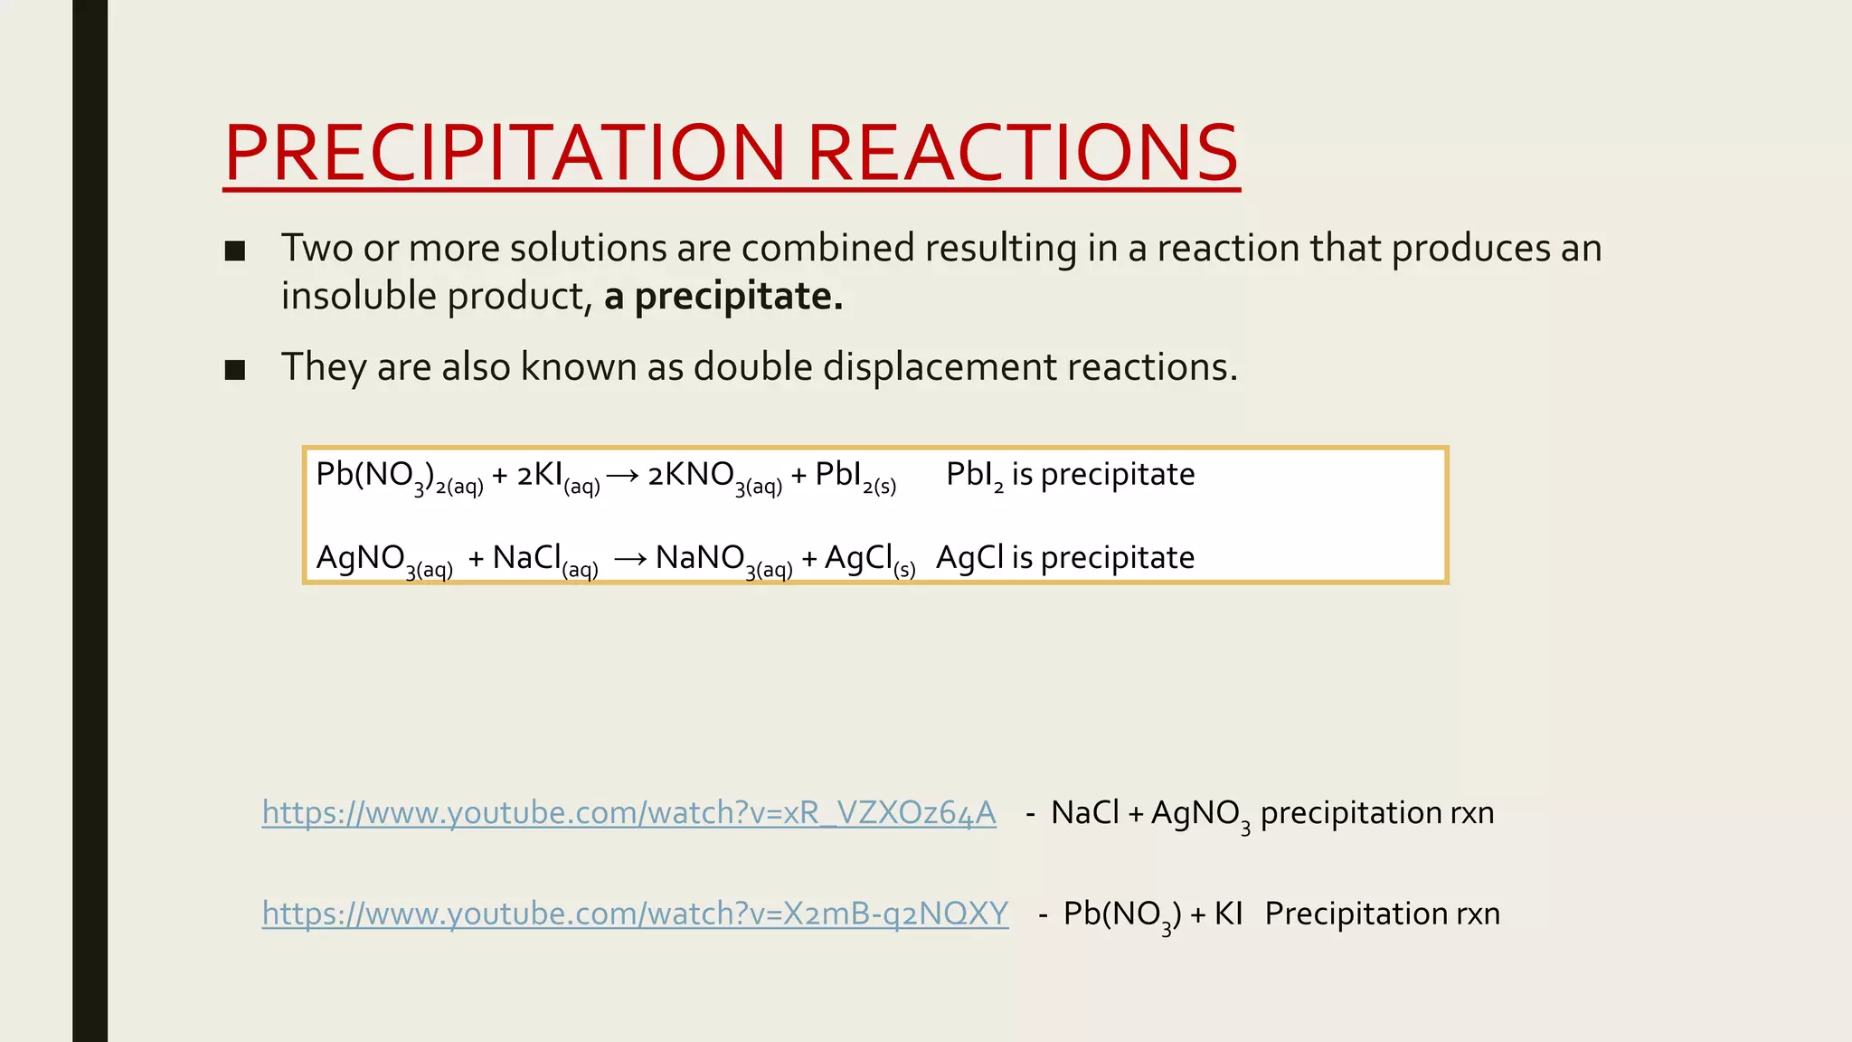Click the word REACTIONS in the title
tap(1022, 153)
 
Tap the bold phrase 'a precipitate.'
tap(723, 296)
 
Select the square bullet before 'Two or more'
tap(235, 251)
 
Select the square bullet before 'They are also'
tap(235, 369)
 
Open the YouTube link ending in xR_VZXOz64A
tap(628, 812)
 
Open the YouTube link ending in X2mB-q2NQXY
tap(635, 914)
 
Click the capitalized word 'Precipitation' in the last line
tap(1356, 914)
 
